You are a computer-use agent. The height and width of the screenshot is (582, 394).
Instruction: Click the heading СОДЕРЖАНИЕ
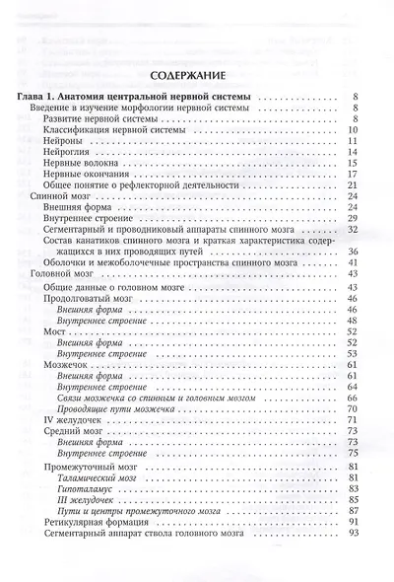click(x=196, y=75)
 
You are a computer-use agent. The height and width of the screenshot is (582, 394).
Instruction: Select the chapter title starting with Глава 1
click(x=135, y=96)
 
